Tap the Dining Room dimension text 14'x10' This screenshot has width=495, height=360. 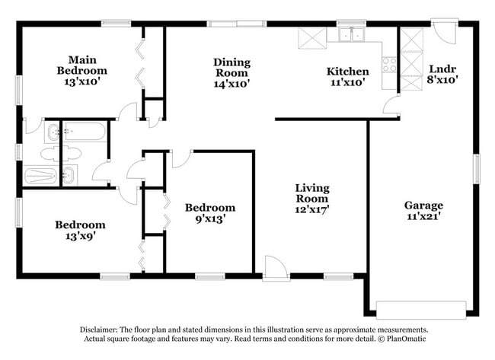click(x=232, y=84)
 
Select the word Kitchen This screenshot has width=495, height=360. click(x=347, y=72)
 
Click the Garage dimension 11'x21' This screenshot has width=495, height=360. click(x=423, y=217)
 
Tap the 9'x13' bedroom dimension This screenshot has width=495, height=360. click(x=209, y=219)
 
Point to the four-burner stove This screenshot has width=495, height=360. click(x=389, y=65)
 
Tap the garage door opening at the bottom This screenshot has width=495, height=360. click(x=420, y=309)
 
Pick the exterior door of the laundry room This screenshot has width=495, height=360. click(x=443, y=32)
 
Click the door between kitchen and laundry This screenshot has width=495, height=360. click(x=391, y=106)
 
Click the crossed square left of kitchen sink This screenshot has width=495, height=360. click(x=311, y=37)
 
